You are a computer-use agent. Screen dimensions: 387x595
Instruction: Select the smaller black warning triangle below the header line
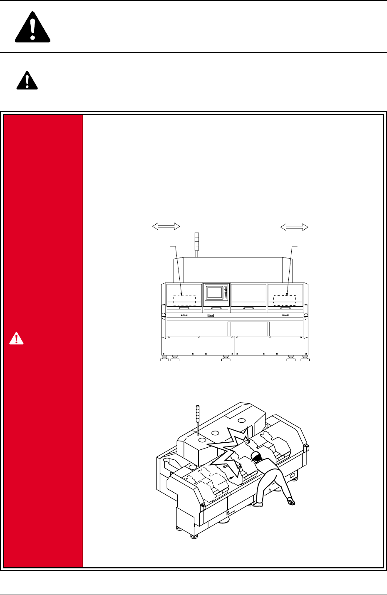click(27, 80)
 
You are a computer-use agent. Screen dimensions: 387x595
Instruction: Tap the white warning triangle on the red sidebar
click(16, 338)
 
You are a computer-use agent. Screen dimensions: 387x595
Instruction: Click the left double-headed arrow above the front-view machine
click(166, 226)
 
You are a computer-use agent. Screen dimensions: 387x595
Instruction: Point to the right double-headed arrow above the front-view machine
click(294, 227)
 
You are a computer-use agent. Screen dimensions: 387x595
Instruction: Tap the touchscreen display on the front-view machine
click(214, 293)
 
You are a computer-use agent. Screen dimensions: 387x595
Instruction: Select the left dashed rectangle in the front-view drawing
click(184, 300)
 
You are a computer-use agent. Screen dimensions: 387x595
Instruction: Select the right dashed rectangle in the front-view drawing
click(285, 300)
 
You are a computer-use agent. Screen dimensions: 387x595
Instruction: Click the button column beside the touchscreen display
click(226, 293)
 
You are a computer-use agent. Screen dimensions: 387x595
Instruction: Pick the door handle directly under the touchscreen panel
click(216, 308)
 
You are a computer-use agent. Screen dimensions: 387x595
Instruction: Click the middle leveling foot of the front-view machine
click(226, 359)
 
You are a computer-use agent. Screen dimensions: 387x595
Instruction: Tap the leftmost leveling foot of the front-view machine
click(164, 359)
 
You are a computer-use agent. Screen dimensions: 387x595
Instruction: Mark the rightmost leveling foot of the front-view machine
click(305, 359)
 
